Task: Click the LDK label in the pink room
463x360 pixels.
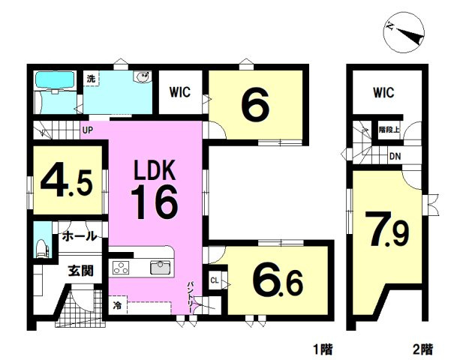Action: click(x=155, y=170)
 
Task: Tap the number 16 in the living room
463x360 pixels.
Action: click(x=154, y=202)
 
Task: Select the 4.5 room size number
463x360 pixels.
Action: click(x=67, y=182)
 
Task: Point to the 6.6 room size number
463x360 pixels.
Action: click(x=278, y=282)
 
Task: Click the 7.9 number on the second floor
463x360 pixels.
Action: click(x=387, y=229)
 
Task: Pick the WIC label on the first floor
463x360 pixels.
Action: click(x=180, y=91)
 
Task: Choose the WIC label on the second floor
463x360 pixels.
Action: click(x=383, y=92)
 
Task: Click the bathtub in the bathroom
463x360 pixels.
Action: click(x=55, y=79)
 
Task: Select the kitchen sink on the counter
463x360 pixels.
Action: click(x=160, y=267)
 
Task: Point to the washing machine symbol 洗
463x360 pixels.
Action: click(x=92, y=79)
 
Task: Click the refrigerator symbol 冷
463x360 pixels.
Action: click(x=118, y=306)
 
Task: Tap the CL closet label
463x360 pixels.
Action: click(x=215, y=280)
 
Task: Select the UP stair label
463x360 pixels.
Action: click(x=87, y=130)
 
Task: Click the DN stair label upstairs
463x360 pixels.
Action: click(x=395, y=156)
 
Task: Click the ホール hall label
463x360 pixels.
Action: click(x=80, y=236)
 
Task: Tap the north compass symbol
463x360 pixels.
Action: click(x=404, y=32)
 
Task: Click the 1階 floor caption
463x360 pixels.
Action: click(x=323, y=350)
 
